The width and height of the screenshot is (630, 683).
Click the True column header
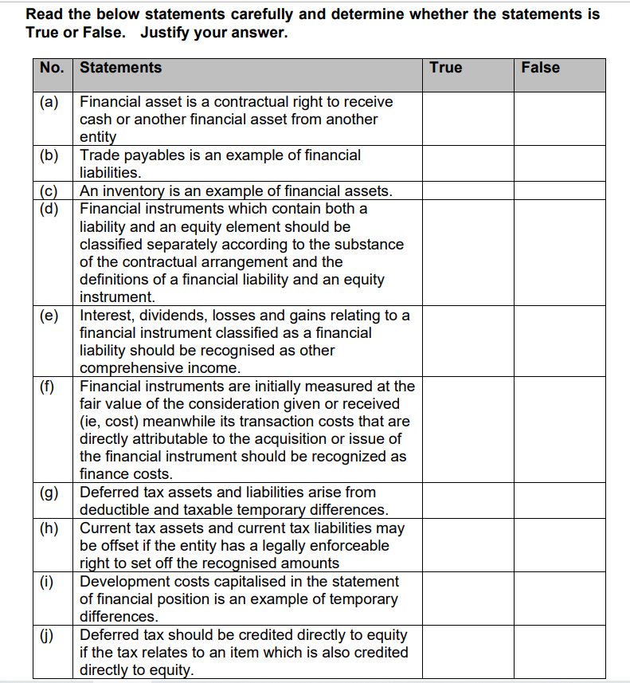445,68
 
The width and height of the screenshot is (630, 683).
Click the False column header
540,68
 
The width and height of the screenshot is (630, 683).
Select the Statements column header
120,68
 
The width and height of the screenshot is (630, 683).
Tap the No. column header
52,68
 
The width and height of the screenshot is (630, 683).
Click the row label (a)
50,102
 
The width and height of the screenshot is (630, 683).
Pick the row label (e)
50,316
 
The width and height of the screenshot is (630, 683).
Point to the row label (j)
50,635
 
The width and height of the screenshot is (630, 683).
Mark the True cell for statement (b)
468,163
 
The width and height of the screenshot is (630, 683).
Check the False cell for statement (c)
559,191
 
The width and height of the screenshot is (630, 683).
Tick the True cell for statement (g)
468,501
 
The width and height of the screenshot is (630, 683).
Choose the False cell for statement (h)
559,546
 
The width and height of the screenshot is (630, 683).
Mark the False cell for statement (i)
559,599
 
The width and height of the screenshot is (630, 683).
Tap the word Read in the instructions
43,14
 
